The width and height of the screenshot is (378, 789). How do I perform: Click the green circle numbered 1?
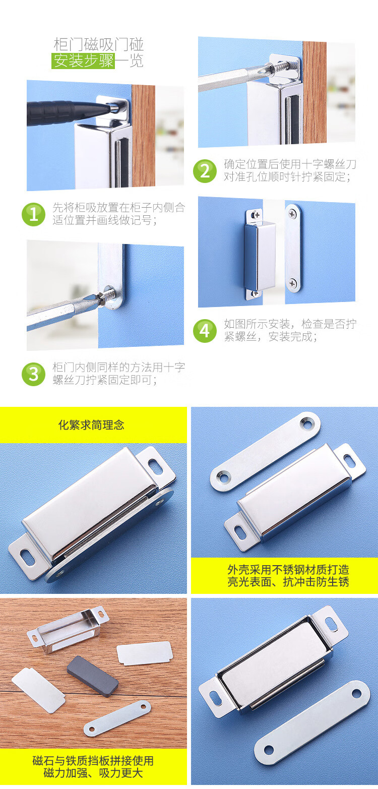tap(33, 214)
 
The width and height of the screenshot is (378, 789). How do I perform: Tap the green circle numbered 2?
tap(205, 171)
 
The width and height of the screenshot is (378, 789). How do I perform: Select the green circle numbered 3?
tap(33, 374)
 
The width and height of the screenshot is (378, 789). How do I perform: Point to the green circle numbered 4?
tap(205, 331)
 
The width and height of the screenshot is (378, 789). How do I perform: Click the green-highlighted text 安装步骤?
tap(84, 61)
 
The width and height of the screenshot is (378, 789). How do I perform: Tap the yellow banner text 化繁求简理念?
tap(91, 425)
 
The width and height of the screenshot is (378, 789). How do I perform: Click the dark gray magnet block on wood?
tap(92, 676)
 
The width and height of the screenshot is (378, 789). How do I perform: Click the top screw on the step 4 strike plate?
tap(292, 213)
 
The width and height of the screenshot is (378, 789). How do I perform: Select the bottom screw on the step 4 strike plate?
tap(292, 282)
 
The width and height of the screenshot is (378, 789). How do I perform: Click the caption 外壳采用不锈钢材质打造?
tap(288, 569)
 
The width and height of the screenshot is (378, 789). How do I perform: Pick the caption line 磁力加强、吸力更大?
tap(93, 773)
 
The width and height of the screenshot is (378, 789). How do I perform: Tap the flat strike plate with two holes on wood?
tap(117, 718)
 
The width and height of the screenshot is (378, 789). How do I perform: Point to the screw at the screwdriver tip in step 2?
tap(283, 67)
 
